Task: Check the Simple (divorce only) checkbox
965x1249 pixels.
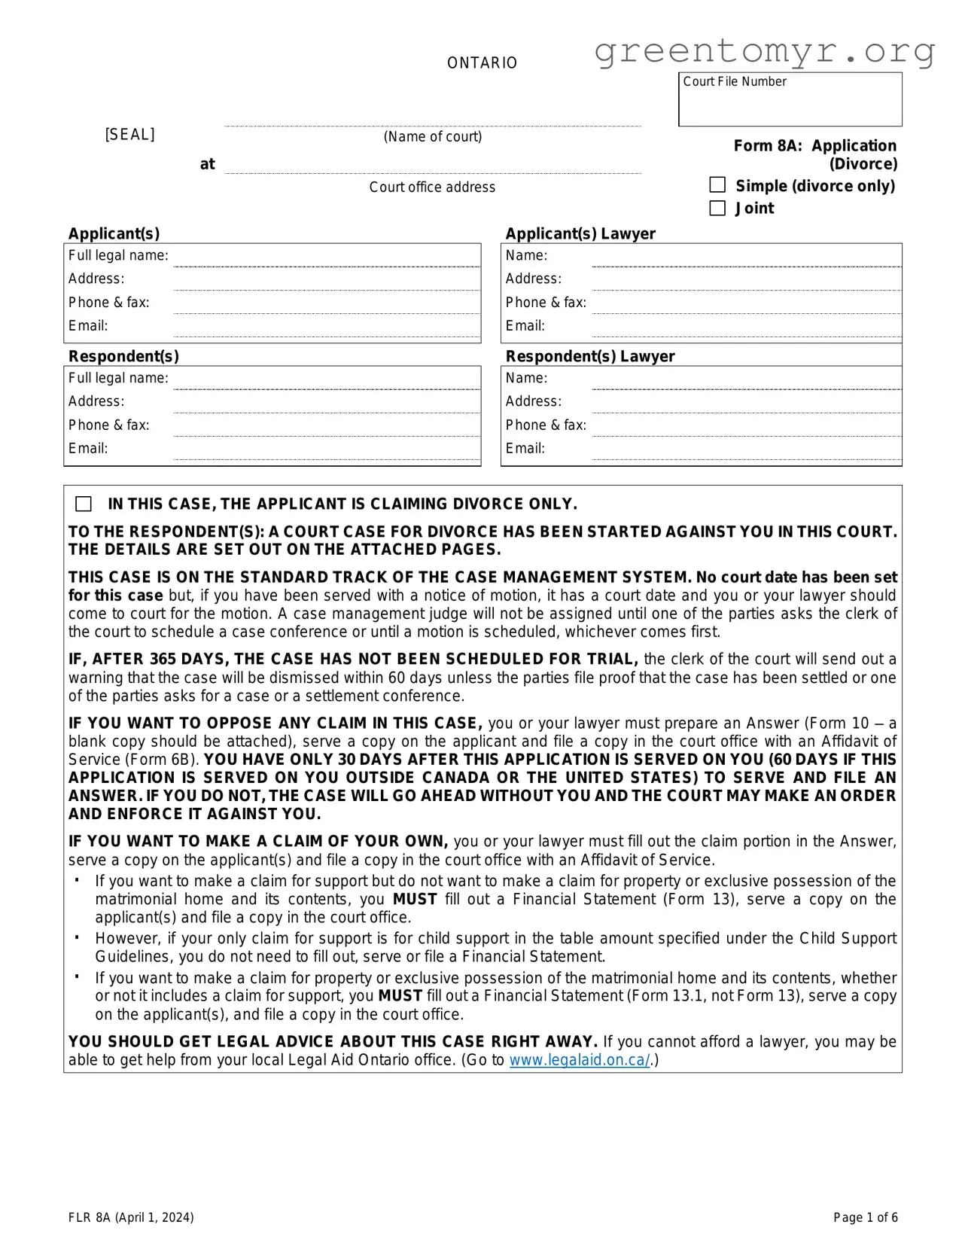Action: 717,185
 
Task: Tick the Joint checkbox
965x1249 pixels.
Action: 717,208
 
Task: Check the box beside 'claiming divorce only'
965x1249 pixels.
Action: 84,504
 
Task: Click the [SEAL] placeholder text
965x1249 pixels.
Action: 129,135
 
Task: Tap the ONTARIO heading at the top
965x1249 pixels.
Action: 482,63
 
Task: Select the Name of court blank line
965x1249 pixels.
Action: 433,120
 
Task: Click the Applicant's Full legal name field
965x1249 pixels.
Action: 327,257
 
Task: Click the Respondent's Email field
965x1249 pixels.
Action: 327,449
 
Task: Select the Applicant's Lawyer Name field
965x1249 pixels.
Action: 745,257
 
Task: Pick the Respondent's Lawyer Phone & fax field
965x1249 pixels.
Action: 745,426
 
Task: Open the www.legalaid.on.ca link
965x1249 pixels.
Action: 579,1060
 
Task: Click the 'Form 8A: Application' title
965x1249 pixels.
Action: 814,146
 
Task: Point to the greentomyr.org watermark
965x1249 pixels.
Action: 764,51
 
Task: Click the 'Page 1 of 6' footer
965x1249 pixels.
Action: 865,1217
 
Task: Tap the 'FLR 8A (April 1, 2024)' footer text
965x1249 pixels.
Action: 131,1217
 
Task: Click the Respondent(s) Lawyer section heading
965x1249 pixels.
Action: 589,356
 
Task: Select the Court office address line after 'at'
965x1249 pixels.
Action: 433,167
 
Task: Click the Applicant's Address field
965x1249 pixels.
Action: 327,280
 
